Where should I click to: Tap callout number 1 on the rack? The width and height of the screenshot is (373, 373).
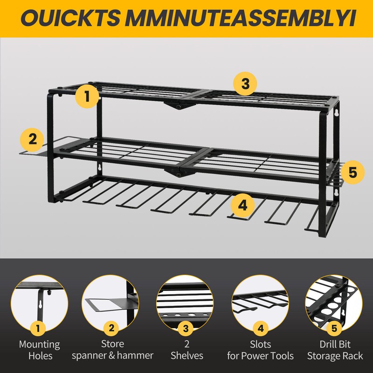88,96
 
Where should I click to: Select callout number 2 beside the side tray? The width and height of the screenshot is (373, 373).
32,139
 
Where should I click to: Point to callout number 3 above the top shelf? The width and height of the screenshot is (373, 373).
245,84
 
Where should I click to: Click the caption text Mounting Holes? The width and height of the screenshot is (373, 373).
39,350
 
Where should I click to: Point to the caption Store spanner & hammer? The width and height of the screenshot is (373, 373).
112,350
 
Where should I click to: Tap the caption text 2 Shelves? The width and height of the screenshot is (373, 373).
186,350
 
